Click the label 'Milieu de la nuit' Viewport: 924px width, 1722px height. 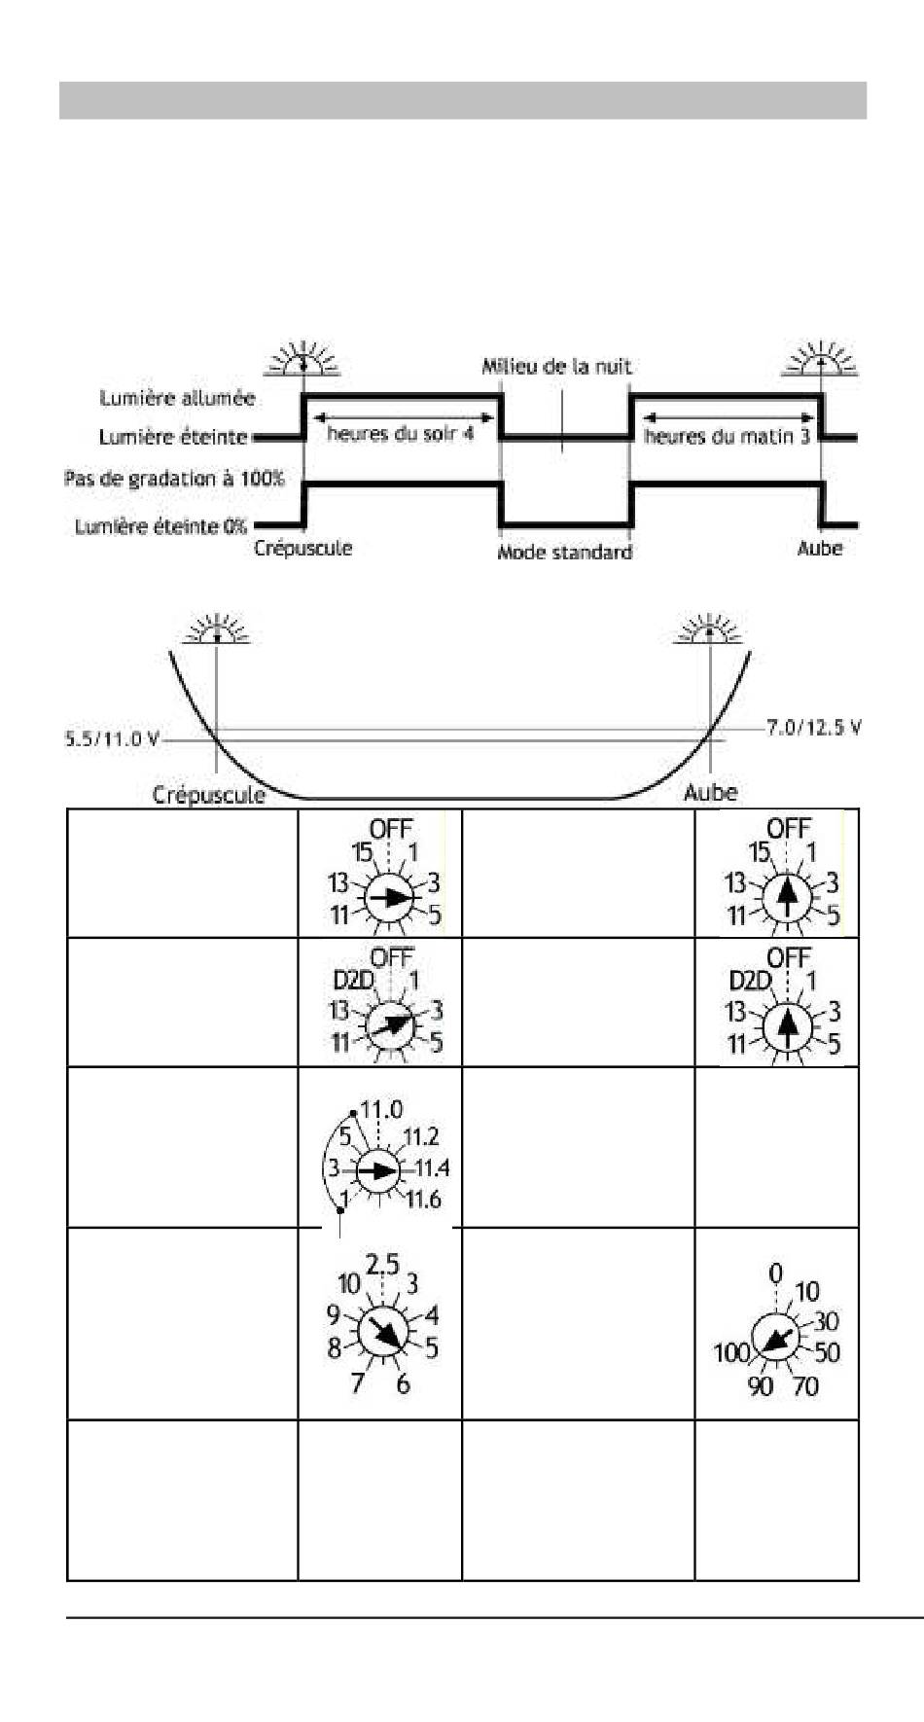point(556,367)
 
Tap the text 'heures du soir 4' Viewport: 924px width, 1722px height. point(400,433)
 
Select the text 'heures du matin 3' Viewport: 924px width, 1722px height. point(727,437)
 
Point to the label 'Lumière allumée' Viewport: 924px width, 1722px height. point(177,398)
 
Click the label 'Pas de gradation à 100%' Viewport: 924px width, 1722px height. point(174,479)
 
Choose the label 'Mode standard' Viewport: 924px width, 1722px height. point(564,553)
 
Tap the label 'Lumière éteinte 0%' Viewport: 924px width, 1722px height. point(161,526)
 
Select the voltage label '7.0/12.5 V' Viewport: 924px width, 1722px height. point(813,728)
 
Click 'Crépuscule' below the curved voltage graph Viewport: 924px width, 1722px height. point(208,795)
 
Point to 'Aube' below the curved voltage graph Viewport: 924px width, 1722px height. point(710,793)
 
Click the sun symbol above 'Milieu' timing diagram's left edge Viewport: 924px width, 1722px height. point(303,359)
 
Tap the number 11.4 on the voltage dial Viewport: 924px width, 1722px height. point(431,1168)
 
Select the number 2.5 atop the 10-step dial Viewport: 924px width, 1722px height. point(382,1265)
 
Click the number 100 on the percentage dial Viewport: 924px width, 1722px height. point(731,1352)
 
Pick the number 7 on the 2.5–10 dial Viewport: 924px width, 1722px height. point(357,1381)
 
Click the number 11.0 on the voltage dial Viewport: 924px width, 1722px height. point(381,1110)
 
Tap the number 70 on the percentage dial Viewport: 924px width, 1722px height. point(805,1385)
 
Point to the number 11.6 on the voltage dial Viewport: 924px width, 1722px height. point(424,1200)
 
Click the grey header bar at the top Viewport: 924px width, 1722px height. point(462,100)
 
